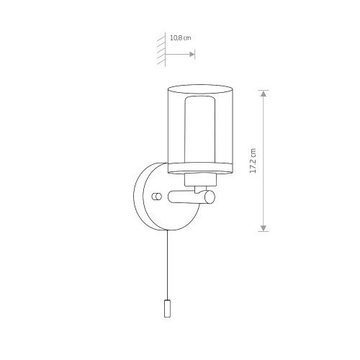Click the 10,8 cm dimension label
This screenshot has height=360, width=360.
(x=181, y=38)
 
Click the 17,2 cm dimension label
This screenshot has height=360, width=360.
(x=253, y=161)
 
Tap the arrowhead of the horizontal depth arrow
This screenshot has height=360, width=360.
(x=192, y=55)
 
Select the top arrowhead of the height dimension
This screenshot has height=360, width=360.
(x=264, y=94)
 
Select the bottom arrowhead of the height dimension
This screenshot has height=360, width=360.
(x=264, y=228)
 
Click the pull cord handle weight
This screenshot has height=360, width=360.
(x=167, y=308)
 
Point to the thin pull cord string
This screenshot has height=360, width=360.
(x=167, y=265)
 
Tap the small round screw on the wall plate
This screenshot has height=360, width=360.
(x=156, y=197)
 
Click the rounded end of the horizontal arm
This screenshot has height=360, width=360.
(x=210, y=197)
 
